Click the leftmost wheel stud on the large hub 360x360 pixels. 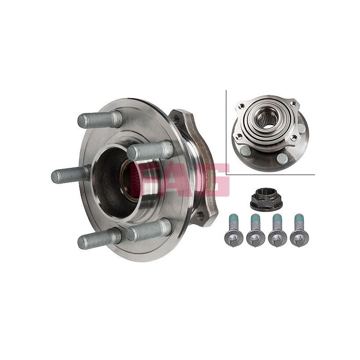click(70, 175)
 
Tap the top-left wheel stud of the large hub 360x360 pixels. click(100, 119)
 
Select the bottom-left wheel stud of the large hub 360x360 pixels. click(99, 239)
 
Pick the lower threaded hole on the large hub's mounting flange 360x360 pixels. click(201, 215)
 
